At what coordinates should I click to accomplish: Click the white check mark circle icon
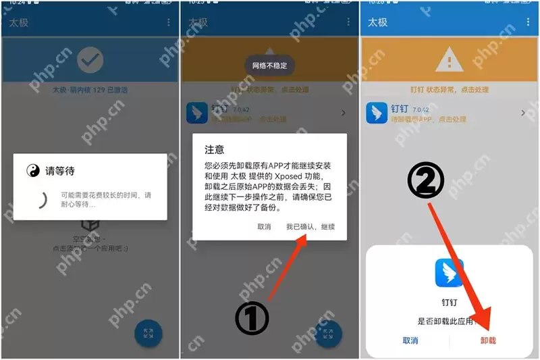tap(90, 61)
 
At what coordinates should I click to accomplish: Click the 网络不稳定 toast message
tap(269, 66)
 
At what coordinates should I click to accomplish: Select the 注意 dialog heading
tap(215, 149)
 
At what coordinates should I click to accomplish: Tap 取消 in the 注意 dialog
tap(264, 227)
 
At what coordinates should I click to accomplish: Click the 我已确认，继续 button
tap(310, 227)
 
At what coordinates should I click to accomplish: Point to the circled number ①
tap(252, 318)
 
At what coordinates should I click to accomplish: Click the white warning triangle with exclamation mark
tap(449, 61)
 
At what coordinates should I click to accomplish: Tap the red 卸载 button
tap(488, 340)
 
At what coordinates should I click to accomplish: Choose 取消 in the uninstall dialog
tap(410, 340)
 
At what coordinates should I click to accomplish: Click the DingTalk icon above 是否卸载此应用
tap(449, 273)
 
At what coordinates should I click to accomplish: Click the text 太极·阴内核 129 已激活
tap(90, 89)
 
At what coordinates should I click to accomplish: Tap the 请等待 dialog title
tap(59, 171)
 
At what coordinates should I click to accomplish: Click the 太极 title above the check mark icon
tap(19, 22)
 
